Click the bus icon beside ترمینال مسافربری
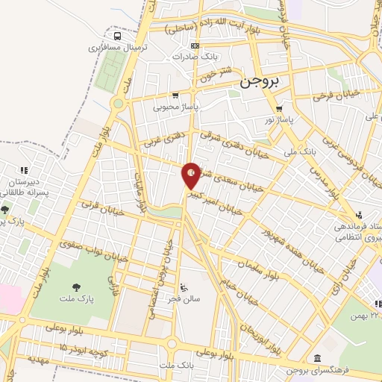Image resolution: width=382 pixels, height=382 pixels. (116, 35)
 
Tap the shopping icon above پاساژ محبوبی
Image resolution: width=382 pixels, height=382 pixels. (175, 95)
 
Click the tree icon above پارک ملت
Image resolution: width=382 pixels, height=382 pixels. (77, 287)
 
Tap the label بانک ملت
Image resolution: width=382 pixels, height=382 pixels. (176, 366)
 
